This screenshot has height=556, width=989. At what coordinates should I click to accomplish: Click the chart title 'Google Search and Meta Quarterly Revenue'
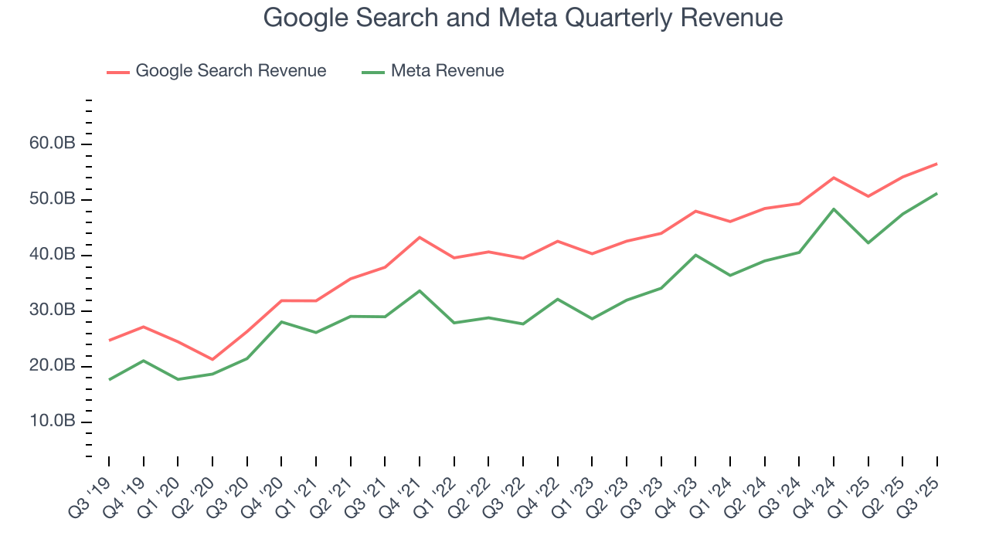coord(523,17)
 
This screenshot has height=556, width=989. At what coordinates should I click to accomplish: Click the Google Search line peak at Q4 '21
coord(420,237)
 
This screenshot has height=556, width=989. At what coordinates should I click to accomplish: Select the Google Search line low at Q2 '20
coord(212,359)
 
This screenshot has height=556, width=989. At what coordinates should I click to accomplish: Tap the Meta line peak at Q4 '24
coord(834,209)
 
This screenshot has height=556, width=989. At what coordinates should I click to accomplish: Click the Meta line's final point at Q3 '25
coord(936,193)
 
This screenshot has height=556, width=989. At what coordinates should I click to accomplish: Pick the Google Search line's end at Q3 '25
coord(936,164)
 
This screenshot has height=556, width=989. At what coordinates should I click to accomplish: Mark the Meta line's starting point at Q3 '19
coord(109,379)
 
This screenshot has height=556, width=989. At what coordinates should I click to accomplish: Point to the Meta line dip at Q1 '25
coord(868,242)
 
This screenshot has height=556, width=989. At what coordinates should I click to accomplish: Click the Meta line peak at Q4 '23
coord(696,255)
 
